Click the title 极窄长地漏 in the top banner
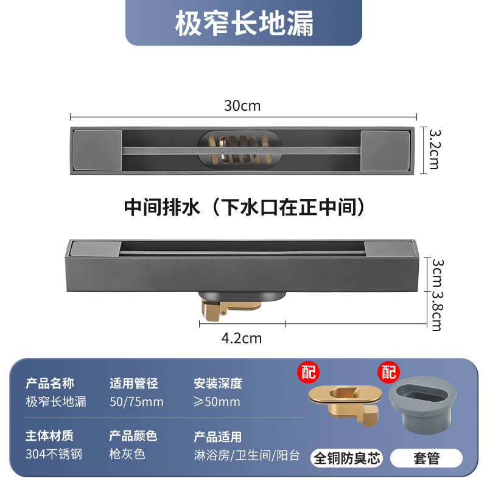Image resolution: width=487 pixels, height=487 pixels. point(244,24)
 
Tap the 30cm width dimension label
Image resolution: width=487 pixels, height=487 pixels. point(242,105)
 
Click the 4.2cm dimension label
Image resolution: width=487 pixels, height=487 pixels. point(242,338)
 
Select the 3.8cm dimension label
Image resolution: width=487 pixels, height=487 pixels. point(436,310)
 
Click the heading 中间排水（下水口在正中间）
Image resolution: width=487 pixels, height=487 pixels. point(244,208)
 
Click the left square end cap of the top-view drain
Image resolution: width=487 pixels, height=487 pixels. point(89,150)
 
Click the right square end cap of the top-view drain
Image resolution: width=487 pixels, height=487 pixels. point(385,150)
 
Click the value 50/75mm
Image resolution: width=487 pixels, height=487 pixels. point(136,402)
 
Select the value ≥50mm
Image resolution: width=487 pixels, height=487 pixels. point(217,402)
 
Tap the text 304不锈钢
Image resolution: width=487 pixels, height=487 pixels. point(54,454)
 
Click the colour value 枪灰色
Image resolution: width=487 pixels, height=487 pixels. point(127,454)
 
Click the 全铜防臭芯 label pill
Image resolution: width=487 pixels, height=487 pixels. point(346,458)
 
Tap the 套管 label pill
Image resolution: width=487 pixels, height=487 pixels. point(426,458)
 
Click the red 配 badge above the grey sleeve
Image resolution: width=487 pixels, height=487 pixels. point(388,371)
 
